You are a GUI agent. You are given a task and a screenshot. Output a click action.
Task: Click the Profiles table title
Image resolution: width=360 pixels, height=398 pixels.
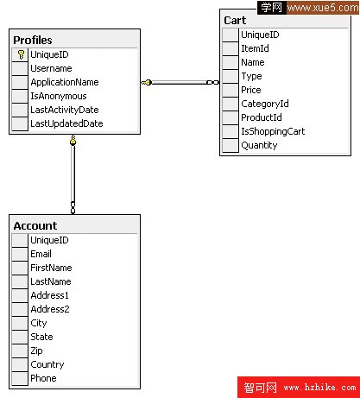pyautogui.click(x=33, y=41)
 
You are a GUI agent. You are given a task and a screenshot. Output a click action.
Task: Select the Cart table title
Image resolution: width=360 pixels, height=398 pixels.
pyautogui.click(x=235, y=21)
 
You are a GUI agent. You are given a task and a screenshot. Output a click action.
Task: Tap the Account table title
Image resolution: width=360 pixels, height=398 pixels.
pyautogui.click(x=35, y=226)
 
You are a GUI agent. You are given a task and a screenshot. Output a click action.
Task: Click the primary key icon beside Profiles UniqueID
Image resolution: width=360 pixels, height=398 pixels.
pyautogui.click(x=21, y=54)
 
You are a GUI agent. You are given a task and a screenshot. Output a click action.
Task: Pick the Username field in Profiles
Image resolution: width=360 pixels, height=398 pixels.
pyautogui.click(x=51, y=68)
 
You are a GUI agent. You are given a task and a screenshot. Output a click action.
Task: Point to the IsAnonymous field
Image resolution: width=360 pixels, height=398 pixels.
pyautogui.click(x=59, y=96)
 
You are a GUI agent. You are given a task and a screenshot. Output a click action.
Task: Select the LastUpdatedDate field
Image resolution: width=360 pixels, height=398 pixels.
pyautogui.click(x=66, y=123)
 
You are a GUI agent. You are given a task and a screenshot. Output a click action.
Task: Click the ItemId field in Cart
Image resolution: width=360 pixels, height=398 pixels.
pyautogui.click(x=255, y=48)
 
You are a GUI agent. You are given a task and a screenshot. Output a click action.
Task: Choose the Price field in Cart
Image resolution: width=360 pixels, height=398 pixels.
pyautogui.click(x=251, y=90)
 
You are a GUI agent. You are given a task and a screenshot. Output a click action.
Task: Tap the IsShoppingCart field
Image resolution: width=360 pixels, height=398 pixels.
pyautogui.click(x=273, y=131)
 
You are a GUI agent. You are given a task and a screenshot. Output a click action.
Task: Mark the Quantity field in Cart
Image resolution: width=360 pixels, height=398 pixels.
pyautogui.click(x=259, y=145)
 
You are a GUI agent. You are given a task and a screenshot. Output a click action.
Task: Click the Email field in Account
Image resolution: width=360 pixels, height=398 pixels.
pyautogui.click(x=41, y=254)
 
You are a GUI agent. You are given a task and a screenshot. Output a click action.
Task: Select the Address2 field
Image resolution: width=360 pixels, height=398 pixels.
pyautogui.click(x=50, y=309)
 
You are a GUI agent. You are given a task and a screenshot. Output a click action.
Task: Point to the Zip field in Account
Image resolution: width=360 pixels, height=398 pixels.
pyautogui.click(x=36, y=351)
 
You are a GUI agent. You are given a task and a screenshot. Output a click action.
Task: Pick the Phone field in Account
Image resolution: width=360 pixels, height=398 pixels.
pyautogui.click(x=43, y=378)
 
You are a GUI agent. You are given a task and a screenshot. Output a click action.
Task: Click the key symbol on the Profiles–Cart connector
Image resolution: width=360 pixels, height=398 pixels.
pyautogui.click(x=147, y=83)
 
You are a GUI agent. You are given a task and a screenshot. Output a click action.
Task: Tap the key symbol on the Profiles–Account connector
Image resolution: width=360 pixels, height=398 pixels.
pyautogui.click(x=73, y=140)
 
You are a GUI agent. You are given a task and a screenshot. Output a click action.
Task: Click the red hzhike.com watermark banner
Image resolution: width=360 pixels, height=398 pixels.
pyautogui.click(x=299, y=388)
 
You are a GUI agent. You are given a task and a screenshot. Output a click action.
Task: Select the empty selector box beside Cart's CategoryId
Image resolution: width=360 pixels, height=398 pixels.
pyautogui.click(x=231, y=104)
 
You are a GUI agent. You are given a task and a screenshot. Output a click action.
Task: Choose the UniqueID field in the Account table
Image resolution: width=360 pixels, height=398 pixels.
pyautogui.click(x=49, y=240)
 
